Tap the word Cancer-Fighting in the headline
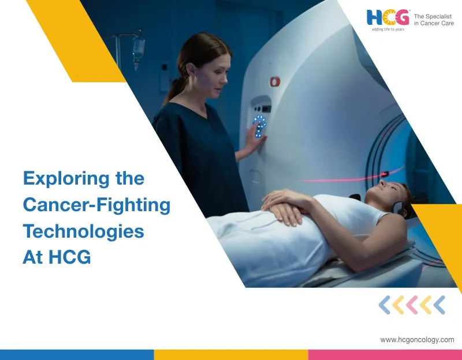tap(96, 205)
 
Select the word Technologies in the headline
tap(83, 231)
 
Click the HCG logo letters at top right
tap(388, 17)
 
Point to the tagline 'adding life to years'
tap(388, 29)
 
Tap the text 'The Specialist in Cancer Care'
tap(434, 19)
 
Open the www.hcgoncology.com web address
tap(417, 340)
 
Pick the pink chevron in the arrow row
tap(412, 305)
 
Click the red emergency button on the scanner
tap(275, 82)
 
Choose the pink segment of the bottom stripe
tap(385, 355)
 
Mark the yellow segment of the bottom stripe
tap(230, 355)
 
